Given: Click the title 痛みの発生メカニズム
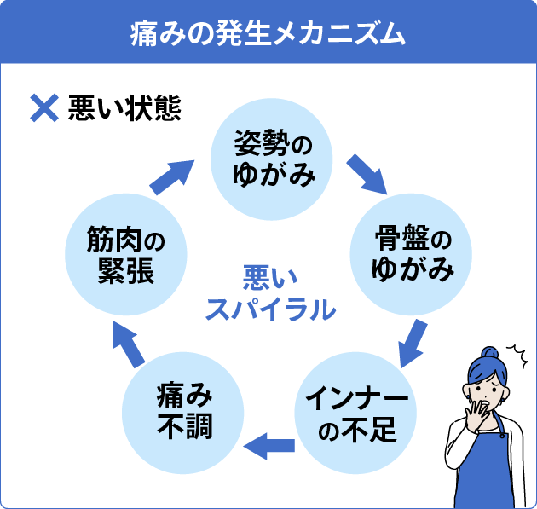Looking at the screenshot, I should [268, 32].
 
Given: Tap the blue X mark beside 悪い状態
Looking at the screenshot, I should [43, 109].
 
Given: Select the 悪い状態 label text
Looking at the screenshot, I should [124, 110].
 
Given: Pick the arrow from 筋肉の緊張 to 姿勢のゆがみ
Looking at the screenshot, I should [174, 174].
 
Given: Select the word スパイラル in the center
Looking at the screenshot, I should [268, 309].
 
